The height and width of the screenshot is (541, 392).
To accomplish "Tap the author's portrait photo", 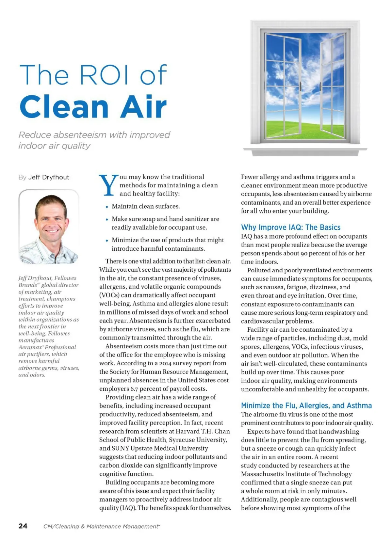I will coord(49,227).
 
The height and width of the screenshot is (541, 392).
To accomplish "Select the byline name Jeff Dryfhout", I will coord(49,177).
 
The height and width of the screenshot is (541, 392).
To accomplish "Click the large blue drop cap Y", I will coord(108,185).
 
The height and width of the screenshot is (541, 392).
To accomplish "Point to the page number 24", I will coord(23,526).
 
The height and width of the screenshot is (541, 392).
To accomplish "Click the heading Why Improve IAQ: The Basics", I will coord(290,227).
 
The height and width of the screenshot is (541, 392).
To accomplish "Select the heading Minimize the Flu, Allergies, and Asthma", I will coord(306,406).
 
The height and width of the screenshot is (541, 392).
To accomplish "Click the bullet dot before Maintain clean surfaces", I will coord(107,207).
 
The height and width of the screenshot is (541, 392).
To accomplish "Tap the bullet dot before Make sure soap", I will coord(107,219).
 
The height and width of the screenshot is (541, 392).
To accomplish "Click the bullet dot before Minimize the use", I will coord(107,241).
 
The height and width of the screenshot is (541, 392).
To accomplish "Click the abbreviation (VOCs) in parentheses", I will coord(109,295).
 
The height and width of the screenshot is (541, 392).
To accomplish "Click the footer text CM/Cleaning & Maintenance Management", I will coord(101,526).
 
